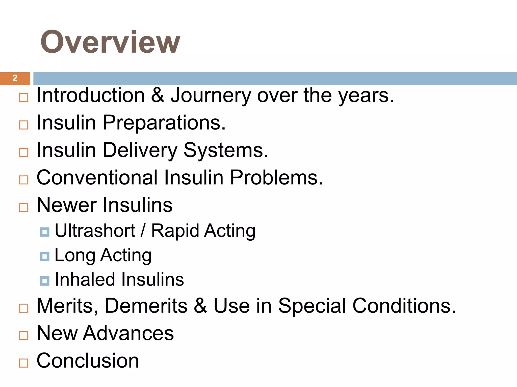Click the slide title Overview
tap(110, 42)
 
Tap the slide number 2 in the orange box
tap(15, 78)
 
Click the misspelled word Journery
tap(211, 96)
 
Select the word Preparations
tap(164, 123)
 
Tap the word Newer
tap(66, 205)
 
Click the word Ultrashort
tap(95, 231)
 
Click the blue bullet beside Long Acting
tap(45, 256)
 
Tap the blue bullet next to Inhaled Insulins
tap(45, 281)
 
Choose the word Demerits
tap(146, 306)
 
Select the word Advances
tap(128, 333)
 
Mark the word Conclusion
tap(88, 361)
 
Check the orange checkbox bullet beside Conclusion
tap(24, 363)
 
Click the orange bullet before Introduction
tap(24, 98)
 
